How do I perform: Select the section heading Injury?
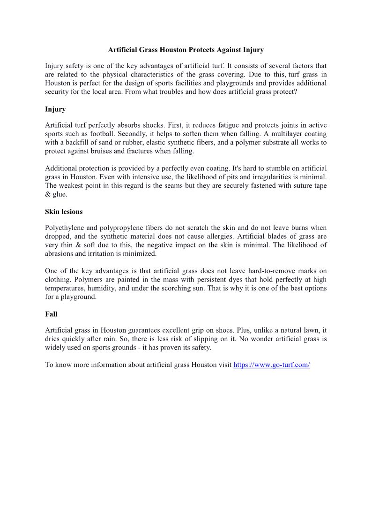coord(55,109)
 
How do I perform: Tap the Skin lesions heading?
coord(64,212)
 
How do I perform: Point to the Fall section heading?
coord(51,314)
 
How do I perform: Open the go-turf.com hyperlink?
coord(272,365)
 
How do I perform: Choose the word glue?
coord(60,194)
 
